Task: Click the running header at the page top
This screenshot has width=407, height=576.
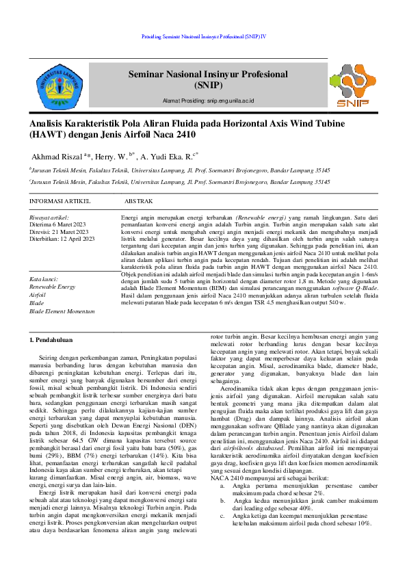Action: click(x=203, y=35)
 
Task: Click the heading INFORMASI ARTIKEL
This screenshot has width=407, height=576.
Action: click(x=60, y=202)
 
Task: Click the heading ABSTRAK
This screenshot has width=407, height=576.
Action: click(x=138, y=202)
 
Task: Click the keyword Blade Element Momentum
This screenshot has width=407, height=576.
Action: click(x=62, y=311)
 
